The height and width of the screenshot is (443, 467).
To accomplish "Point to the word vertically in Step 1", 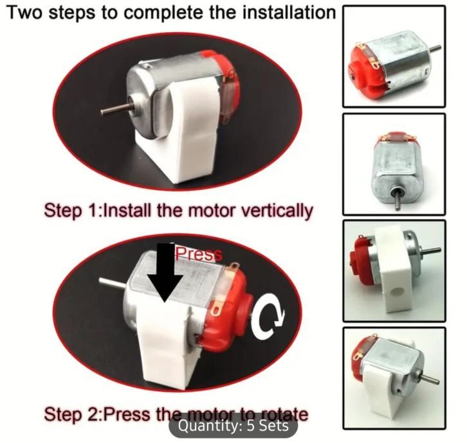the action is tap(277, 211).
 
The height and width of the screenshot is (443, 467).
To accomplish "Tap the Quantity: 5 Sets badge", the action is tap(233, 426).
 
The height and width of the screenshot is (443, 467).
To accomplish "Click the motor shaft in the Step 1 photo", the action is tap(114, 109).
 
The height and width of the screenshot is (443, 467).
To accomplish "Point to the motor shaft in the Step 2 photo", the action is tap(113, 283).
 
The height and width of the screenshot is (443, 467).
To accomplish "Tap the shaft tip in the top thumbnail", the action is tap(438, 47).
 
